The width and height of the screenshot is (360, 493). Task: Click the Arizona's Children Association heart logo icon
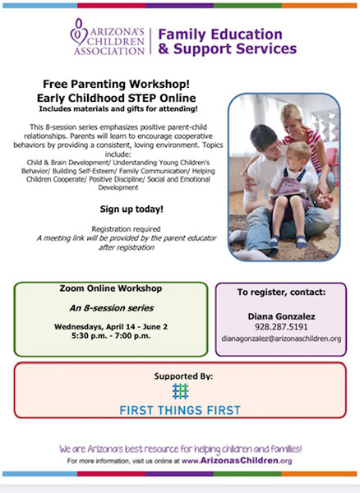(x=79, y=32)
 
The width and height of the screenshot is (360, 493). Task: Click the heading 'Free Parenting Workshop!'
(x=117, y=84)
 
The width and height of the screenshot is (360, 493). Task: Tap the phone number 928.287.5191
(x=281, y=327)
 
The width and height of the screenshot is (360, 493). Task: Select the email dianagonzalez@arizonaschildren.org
(x=281, y=339)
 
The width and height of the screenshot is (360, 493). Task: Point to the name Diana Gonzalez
(x=281, y=316)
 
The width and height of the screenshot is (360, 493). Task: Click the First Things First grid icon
(x=180, y=391)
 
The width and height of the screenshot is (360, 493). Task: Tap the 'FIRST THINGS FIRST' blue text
(x=180, y=410)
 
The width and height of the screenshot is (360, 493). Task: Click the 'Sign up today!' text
(x=132, y=209)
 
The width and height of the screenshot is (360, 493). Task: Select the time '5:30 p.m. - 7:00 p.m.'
(x=111, y=336)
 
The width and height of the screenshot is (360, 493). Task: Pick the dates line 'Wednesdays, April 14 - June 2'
(x=111, y=327)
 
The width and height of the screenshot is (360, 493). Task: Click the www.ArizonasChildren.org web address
(x=237, y=461)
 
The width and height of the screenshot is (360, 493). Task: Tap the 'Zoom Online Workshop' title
(x=111, y=288)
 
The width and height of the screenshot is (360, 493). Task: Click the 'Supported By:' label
(x=183, y=376)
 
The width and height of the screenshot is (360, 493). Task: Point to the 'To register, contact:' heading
(x=281, y=292)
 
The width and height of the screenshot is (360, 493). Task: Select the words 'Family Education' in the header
(x=220, y=35)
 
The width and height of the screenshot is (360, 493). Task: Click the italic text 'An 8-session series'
(x=111, y=308)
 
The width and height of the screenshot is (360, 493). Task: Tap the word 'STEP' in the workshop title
(x=142, y=98)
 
